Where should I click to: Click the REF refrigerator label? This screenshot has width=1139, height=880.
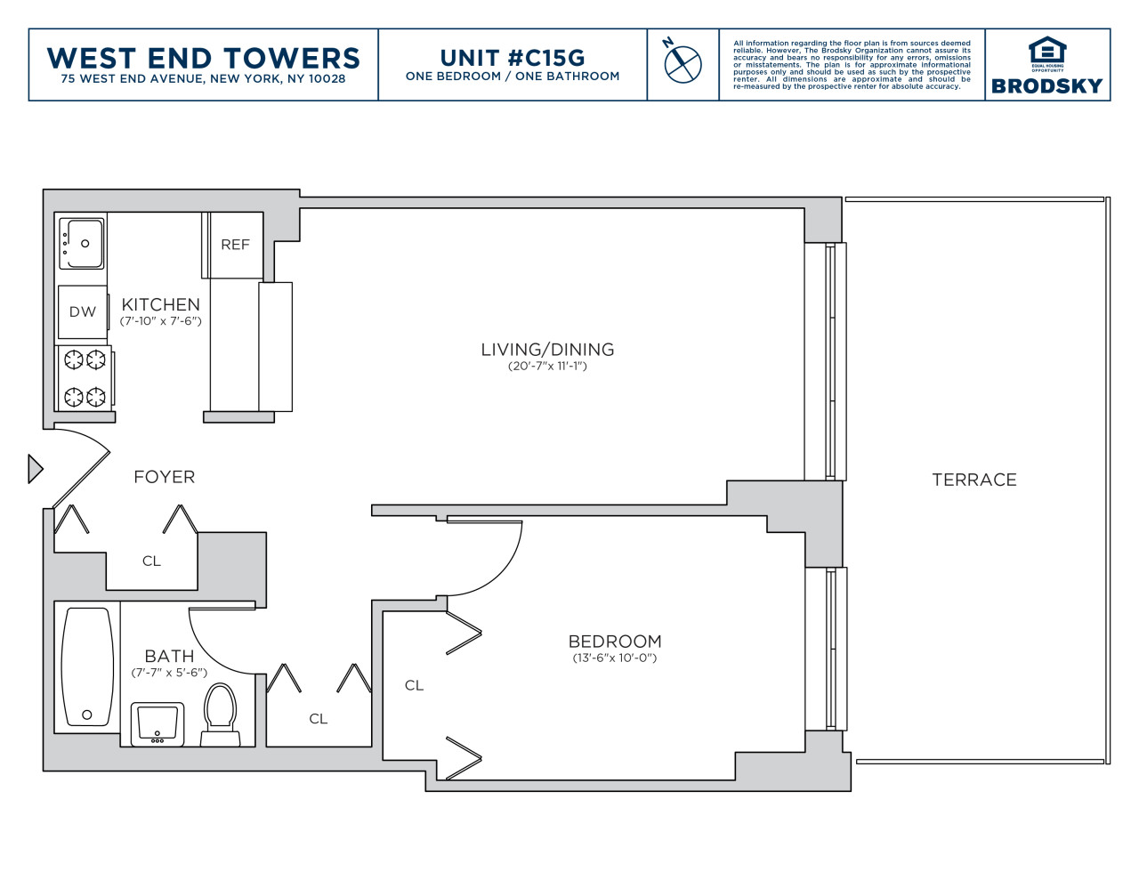235,245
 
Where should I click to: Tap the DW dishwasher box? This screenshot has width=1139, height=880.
82,311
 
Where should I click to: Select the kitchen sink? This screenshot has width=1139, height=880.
82,244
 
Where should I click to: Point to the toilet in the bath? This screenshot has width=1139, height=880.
220,714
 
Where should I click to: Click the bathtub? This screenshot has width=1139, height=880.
87,666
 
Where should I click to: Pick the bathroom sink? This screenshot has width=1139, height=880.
158,723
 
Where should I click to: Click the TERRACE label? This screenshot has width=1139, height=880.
973,480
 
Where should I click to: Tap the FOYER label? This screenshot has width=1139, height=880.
164,477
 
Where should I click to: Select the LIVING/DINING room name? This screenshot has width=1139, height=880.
547,350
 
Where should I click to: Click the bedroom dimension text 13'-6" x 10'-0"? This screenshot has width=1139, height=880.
614,658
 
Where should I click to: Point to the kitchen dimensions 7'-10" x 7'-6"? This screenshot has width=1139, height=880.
160,320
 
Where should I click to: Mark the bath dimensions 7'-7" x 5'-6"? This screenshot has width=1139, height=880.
169,673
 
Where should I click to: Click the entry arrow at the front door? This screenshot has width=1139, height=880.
35,469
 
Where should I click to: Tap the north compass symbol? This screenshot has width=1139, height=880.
682,62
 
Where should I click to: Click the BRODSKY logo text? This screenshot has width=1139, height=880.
1046,86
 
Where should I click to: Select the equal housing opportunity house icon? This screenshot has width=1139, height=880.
1047,51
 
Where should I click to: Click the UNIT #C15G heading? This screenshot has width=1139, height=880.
512,58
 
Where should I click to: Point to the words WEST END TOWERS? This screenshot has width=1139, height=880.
204,58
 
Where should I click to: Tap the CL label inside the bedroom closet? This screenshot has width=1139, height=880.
414,685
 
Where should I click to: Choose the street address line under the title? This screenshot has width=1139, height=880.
204,79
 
